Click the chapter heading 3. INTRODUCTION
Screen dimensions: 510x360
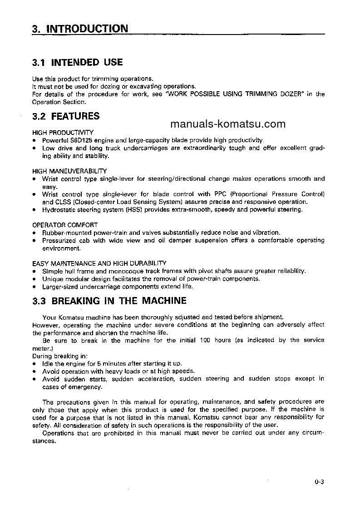[x=80, y=29]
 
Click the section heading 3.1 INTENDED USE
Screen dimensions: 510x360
[x=78, y=62]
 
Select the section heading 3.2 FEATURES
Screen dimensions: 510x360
[x=66, y=116]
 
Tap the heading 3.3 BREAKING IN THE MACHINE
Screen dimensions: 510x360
[x=109, y=301]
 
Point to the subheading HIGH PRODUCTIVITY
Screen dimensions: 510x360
[x=63, y=133]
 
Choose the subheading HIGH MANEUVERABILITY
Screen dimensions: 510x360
[x=69, y=171]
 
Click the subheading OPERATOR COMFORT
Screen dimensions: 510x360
[x=65, y=225]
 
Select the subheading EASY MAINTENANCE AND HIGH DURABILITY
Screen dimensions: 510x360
[x=99, y=263]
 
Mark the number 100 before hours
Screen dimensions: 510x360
[x=206, y=340]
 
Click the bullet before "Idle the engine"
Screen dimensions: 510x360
[x=35, y=364]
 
